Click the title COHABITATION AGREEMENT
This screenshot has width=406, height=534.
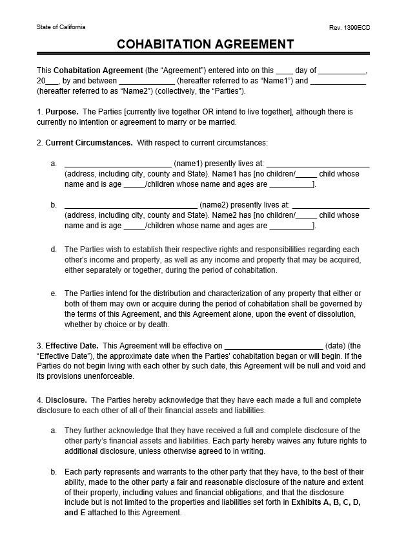[x=205, y=45]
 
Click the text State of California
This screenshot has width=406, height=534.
[x=61, y=27]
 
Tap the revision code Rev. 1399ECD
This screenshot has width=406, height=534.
[x=350, y=27]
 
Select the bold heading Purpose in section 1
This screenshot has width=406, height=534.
[x=62, y=112]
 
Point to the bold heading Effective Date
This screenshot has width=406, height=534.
[x=72, y=346]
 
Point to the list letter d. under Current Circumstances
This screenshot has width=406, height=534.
[x=54, y=250]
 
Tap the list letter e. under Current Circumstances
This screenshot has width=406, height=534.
[x=54, y=294]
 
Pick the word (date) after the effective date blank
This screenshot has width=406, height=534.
[x=336, y=346]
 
